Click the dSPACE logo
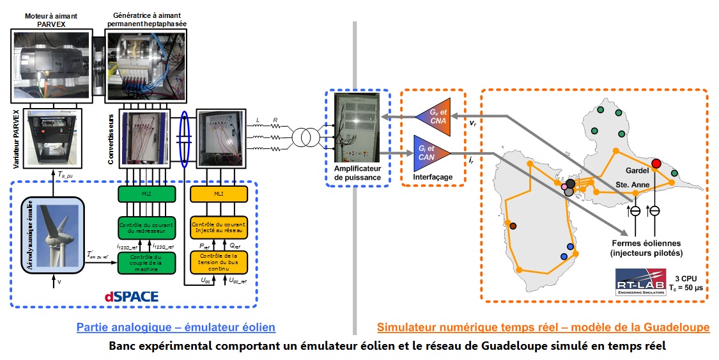click(132, 297)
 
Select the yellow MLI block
click(219, 194)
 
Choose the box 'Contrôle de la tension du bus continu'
click(219, 262)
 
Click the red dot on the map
click(656, 163)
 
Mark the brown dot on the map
click(513, 225)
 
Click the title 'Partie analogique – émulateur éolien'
click(176, 327)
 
